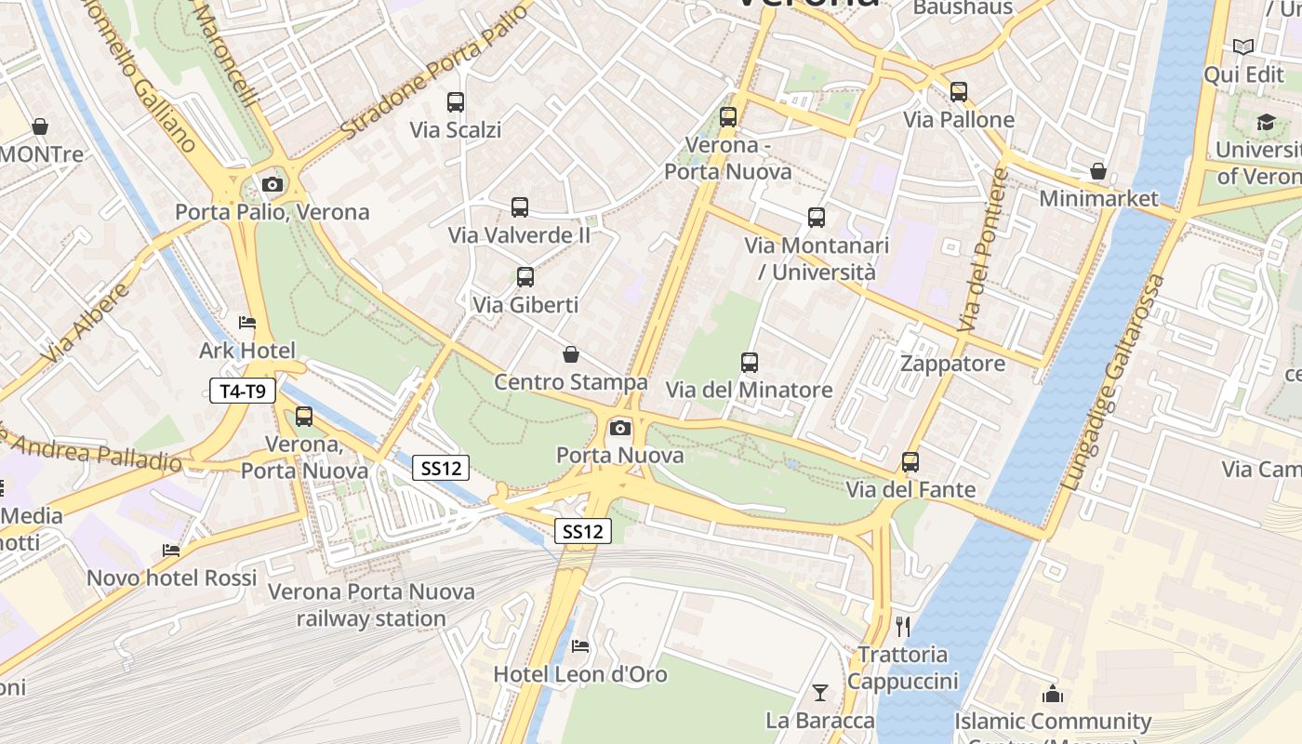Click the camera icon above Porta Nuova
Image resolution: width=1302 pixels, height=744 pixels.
620,428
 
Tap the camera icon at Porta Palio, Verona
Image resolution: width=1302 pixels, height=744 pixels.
272,184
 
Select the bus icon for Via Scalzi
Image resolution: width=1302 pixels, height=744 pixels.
455,102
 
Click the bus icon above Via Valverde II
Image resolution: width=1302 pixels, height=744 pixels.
520,207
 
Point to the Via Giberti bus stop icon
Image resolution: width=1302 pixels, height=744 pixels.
525,277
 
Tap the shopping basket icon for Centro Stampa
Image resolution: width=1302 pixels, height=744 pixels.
571,354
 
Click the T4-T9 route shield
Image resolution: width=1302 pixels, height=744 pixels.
243,392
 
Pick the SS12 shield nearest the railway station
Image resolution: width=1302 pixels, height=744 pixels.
441,469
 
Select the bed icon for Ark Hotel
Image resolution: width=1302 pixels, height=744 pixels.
247,323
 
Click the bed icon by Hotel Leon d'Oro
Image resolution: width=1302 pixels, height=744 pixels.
580,645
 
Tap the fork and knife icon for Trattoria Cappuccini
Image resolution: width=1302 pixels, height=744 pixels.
902,626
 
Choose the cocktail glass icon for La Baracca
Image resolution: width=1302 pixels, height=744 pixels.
819,692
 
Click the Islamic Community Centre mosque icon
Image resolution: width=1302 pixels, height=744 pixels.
1053,694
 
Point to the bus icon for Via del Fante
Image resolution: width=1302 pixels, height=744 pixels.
910,462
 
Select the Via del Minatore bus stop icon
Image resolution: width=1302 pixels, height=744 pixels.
750,363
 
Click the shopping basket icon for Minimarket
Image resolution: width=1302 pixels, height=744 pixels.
1098,171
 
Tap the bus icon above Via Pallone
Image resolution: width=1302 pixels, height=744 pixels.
959,92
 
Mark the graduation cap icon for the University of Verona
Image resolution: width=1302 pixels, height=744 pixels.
1266,122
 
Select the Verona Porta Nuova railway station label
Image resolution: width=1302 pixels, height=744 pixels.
371,604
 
